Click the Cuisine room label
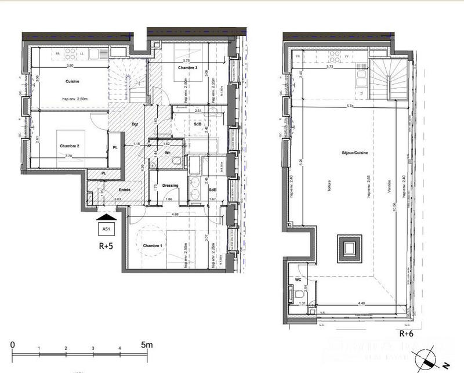[x=72, y=81]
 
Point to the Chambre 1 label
[x=153, y=246]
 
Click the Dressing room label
[x=170, y=186]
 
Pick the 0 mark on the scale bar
[x=13, y=345]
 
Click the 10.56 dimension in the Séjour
[x=395, y=224]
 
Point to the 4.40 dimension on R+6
[x=361, y=303]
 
